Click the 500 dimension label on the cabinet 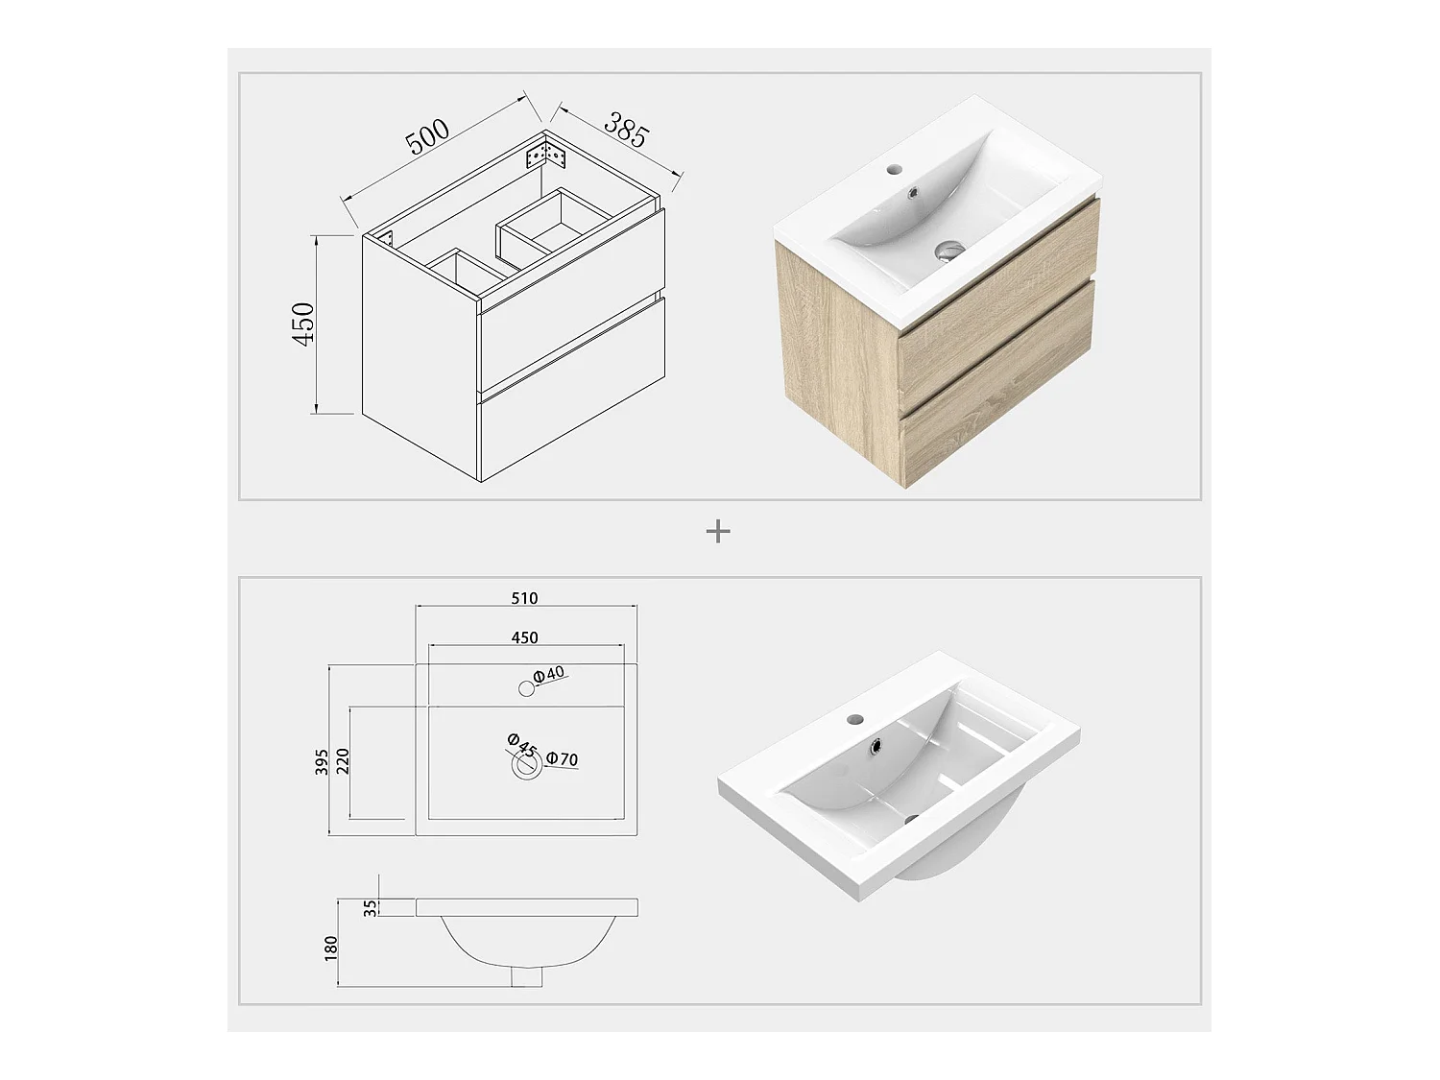point(428,137)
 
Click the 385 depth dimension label point(627,130)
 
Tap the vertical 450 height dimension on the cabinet point(303,324)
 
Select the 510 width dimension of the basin point(524,598)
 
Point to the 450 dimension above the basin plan point(524,637)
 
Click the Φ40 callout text point(548,674)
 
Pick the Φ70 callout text point(563,758)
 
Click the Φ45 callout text point(521,745)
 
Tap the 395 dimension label point(322,762)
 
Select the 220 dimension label point(343,761)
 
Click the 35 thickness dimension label point(371,907)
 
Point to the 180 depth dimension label point(330,948)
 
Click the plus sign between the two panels point(718,531)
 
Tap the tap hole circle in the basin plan point(526,688)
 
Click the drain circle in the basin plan point(526,764)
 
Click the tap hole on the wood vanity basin point(893,169)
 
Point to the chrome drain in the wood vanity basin point(949,250)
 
